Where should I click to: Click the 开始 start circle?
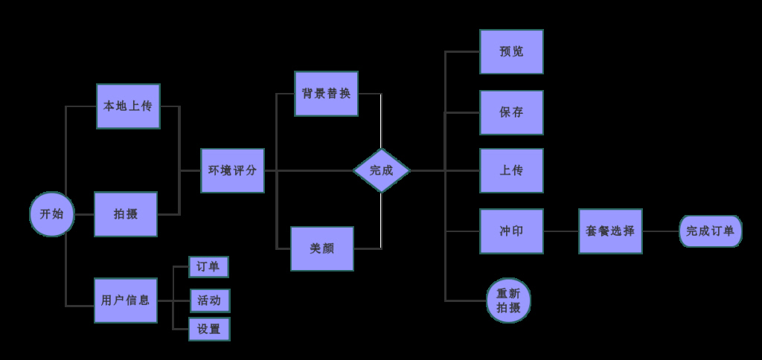point(51,214)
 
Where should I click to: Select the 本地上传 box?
point(128,106)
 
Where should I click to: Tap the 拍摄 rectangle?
point(126,214)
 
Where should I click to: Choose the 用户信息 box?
point(126,300)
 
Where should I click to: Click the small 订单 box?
point(208,267)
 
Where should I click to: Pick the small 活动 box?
point(209,300)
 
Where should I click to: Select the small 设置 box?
point(209,329)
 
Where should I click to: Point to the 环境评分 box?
point(232,170)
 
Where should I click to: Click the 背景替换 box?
point(326,94)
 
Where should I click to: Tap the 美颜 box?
point(321,248)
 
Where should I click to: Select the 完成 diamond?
point(381,170)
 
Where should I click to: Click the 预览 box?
point(511,52)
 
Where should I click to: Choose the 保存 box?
point(511,112)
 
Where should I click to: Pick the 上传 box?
point(511,170)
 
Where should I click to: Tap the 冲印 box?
point(511,231)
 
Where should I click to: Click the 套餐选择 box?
point(610,231)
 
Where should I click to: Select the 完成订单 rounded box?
point(710,231)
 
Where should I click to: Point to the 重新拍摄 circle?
point(508,300)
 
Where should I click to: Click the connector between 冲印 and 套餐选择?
point(561,231)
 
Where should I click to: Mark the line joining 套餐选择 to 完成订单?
point(661,231)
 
